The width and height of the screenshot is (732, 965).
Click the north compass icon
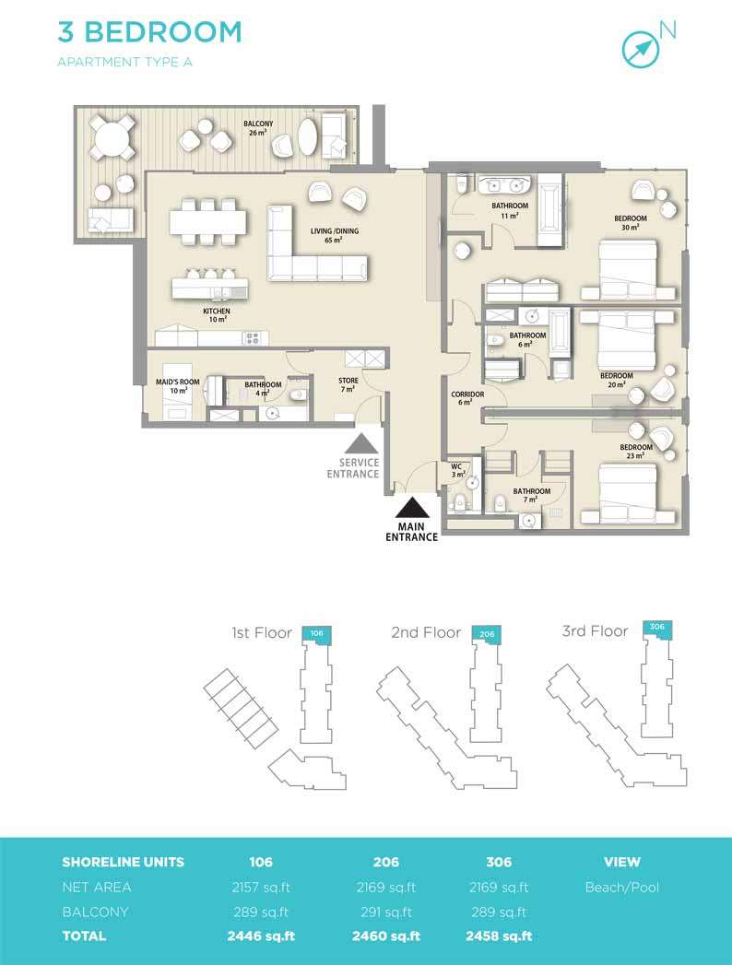point(640,49)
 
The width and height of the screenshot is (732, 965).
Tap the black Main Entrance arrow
point(412,508)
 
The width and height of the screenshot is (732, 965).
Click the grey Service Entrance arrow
point(360,444)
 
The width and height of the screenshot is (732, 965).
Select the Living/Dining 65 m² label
point(335,235)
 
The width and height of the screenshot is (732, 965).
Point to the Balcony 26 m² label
point(258,128)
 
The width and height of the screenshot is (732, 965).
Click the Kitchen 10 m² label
point(217,315)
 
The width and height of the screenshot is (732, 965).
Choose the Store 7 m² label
point(348,384)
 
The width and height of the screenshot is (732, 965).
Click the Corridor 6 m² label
point(467,397)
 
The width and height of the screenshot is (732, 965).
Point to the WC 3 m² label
point(457,470)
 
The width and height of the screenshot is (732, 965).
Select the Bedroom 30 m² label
point(631,222)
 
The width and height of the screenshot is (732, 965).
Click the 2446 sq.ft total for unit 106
point(261,936)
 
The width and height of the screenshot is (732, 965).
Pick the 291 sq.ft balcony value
point(386,912)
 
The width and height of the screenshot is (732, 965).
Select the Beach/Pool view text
point(621,887)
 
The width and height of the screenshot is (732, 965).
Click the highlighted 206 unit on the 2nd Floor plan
point(487,634)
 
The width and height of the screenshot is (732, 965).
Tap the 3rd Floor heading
point(595,631)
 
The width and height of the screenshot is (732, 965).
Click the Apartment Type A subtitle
point(125,62)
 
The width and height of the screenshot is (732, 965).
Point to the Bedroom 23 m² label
point(636,451)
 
